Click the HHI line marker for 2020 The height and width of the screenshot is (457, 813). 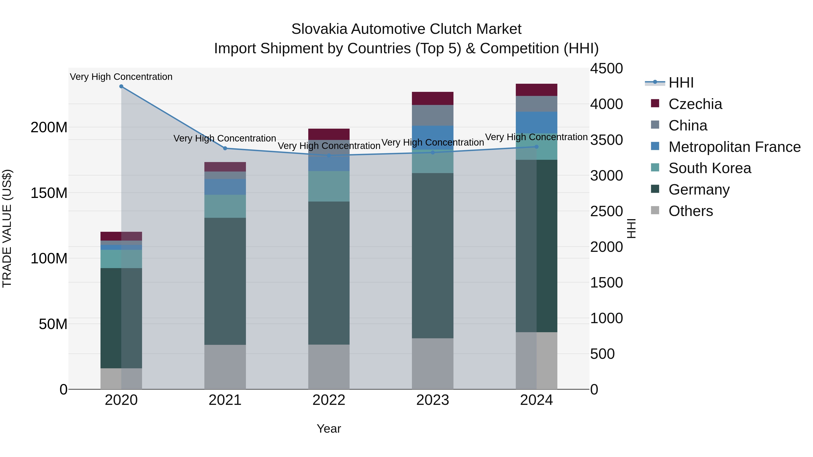pos(121,86)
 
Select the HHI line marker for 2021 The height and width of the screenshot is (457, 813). pos(225,148)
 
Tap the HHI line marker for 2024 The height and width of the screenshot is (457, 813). pos(537,147)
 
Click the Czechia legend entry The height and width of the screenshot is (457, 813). pos(695,104)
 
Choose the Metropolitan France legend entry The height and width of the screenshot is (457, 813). pos(734,147)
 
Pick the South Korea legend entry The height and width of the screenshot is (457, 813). pos(710,168)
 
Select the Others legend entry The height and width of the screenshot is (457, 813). pos(691,211)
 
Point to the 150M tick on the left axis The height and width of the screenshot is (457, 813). pos(49,193)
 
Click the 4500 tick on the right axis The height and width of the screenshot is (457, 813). pos(606,68)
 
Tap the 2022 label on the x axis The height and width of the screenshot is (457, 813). pos(329,400)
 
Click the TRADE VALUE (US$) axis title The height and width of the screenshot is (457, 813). pos(7,228)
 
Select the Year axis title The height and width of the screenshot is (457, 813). pos(329,429)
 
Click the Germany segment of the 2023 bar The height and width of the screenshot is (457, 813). pos(433,255)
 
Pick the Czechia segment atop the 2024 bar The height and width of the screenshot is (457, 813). pos(537,90)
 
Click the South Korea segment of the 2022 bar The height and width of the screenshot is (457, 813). pos(329,186)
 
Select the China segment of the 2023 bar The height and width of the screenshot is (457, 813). pos(433,115)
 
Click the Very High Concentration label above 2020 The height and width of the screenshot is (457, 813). pos(121,77)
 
